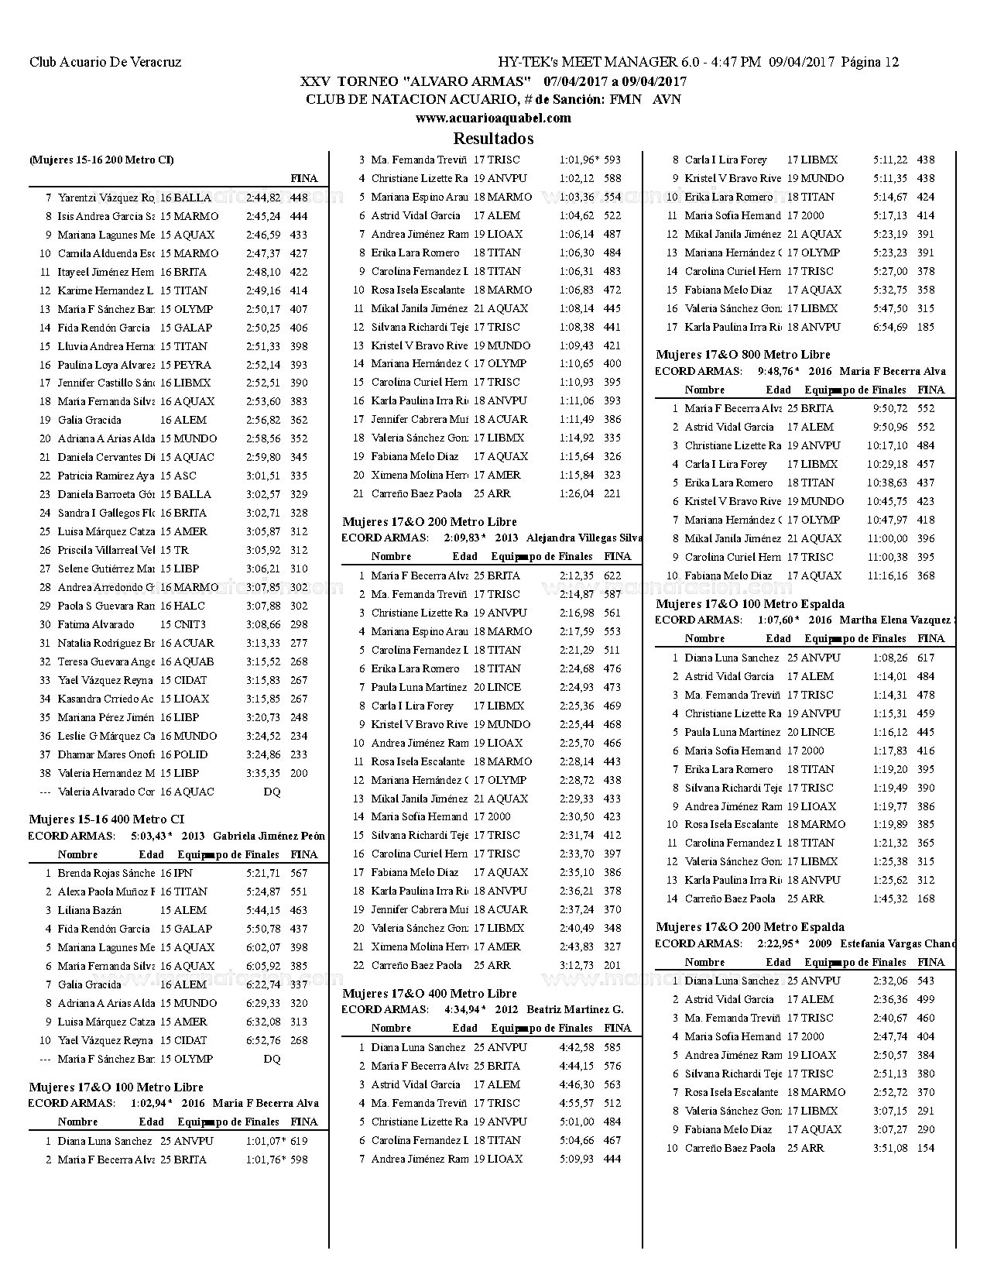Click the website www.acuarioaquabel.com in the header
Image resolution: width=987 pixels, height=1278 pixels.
pos(493,118)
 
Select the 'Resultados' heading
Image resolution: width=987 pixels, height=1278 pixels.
pos(493,139)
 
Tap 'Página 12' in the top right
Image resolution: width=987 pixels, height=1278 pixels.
pos(870,62)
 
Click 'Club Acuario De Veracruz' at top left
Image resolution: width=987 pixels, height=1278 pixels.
pos(105,62)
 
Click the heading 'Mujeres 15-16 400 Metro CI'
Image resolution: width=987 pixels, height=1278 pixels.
pos(107,819)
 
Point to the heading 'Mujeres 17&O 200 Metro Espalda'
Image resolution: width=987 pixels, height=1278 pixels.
pos(749,926)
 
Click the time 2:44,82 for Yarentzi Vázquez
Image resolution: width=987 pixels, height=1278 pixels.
pos(263,198)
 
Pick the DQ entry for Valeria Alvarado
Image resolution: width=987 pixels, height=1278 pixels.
pos(272,792)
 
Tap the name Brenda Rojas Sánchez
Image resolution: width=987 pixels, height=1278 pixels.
pos(106,873)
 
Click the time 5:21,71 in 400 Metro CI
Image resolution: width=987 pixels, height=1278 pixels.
pos(263,873)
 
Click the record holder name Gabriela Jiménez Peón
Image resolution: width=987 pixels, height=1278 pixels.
pos(269,836)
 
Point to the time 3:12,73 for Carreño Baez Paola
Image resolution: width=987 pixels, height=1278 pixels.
pos(577,965)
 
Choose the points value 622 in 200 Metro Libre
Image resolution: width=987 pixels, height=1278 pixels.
pos(612,575)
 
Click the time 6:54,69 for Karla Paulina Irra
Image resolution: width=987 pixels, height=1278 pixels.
pos(890,327)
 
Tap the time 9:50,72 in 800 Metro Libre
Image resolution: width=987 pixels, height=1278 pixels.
pos(890,408)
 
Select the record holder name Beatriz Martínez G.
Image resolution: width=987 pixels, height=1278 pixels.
pos(574,1009)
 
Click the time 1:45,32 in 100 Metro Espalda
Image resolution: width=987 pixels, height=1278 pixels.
pos(890,898)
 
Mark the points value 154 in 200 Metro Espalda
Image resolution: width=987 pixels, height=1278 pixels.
pos(926,1148)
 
